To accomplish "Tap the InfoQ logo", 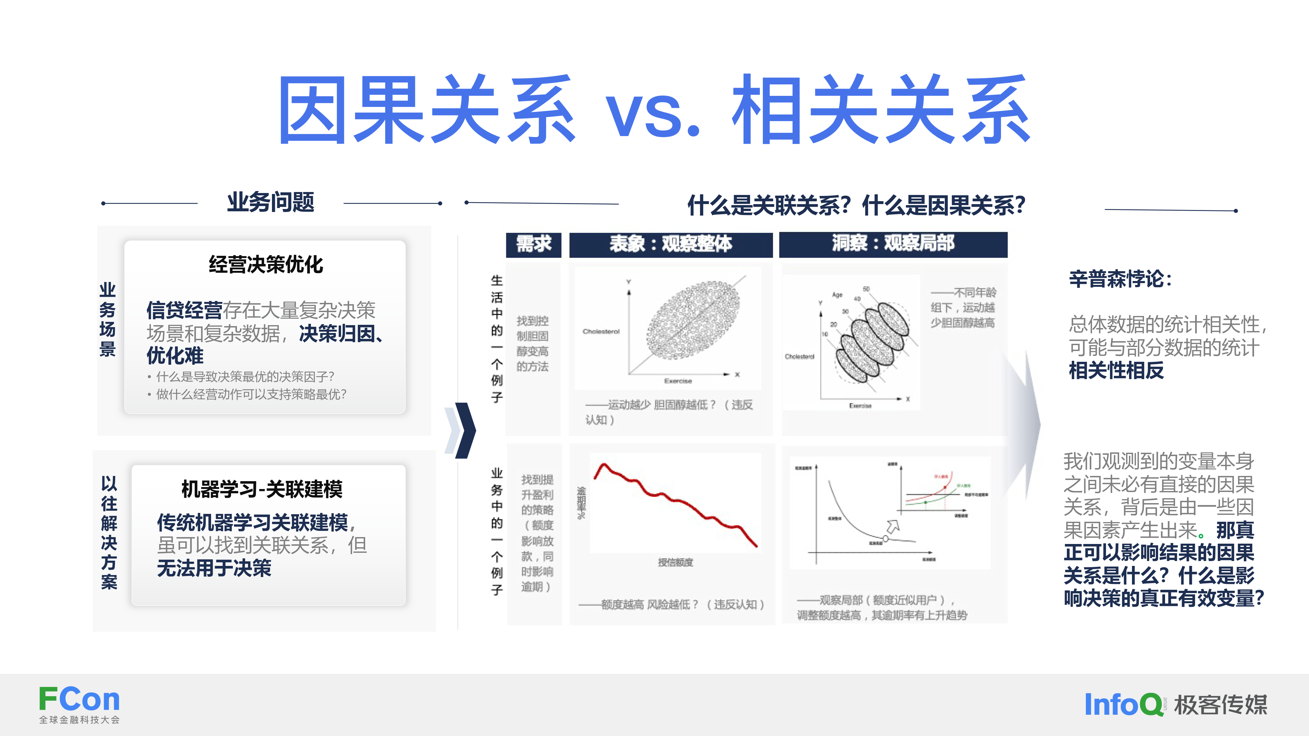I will click(x=1123, y=705).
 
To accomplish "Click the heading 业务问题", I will click(x=270, y=202).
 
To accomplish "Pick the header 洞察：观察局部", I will click(x=893, y=244).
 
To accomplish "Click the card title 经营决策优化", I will click(x=266, y=265).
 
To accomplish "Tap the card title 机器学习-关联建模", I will click(x=262, y=489).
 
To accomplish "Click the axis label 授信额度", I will click(x=675, y=562).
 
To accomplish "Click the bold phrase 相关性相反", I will click(x=1116, y=371).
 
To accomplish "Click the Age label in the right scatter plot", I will click(x=837, y=295).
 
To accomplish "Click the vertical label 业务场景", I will click(x=107, y=320).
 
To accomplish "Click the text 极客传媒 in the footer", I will click(x=1221, y=705).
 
